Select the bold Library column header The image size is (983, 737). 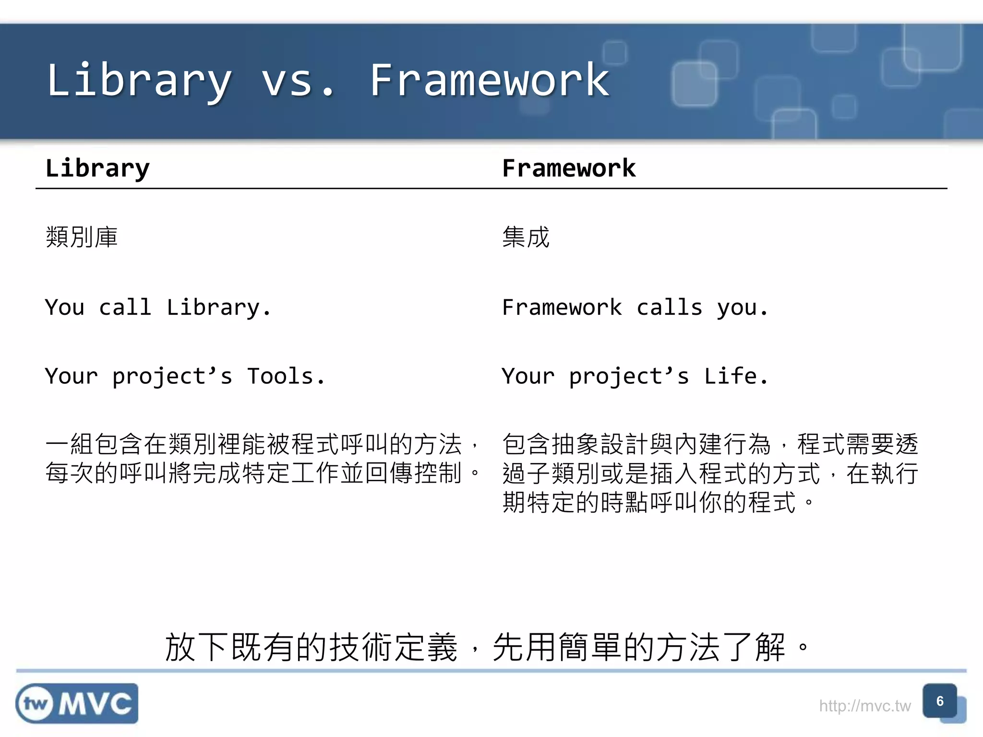97,168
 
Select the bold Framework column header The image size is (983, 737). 569,168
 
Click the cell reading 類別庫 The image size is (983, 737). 82,237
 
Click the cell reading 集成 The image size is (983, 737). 526,237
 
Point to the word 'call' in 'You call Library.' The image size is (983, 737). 125,308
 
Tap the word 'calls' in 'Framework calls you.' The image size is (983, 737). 670,308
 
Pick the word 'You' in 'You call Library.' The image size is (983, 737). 65,308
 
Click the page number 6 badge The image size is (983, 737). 940,701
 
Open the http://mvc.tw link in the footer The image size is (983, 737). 864,706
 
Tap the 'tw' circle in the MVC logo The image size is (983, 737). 36,704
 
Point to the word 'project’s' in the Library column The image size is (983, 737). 172,376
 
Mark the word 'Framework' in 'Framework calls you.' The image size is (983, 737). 562,308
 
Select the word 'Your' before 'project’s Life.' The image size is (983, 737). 528,376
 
